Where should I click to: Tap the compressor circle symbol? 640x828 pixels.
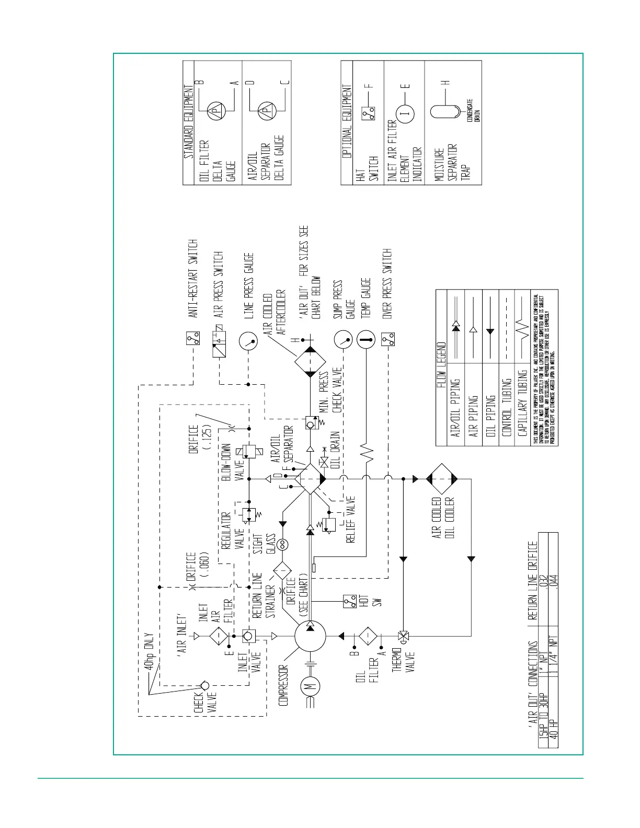(310, 637)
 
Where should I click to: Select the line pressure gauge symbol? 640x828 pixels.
(248, 342)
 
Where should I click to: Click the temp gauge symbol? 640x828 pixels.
(366, 340)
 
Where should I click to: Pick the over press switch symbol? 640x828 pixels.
(388, 340)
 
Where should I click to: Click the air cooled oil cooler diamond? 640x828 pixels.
(442, 479)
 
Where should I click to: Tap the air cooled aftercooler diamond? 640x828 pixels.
(310, 361)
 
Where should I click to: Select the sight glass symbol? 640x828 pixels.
(283, 545)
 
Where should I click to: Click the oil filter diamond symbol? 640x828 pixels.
(368, 636)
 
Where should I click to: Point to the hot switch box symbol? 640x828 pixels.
(350, 601)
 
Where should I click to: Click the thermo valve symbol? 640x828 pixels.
(403, 636)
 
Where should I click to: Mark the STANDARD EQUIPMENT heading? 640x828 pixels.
(189, 122)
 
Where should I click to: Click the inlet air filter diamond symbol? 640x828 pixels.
(218, 636)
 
